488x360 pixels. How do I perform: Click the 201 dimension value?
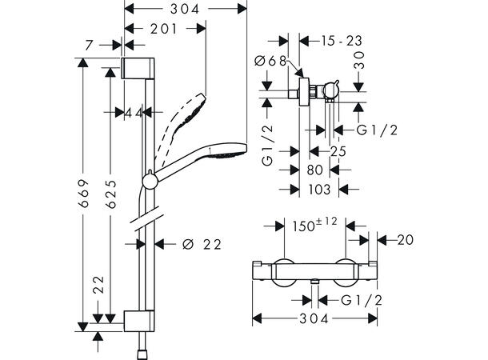[164, 29]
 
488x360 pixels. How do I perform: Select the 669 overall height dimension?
[84, 194]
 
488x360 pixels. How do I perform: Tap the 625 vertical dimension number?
[110, 194]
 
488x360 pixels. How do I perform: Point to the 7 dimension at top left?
[89, 46]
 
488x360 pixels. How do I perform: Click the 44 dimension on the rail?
[134, 113]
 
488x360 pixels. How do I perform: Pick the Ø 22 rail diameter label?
[202, 244]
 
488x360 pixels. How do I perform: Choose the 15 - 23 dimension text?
[342, 41]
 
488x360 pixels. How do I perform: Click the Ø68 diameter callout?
[270, 61]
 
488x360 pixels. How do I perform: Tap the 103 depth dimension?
[319, 189]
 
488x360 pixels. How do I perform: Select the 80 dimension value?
[315, 170]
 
